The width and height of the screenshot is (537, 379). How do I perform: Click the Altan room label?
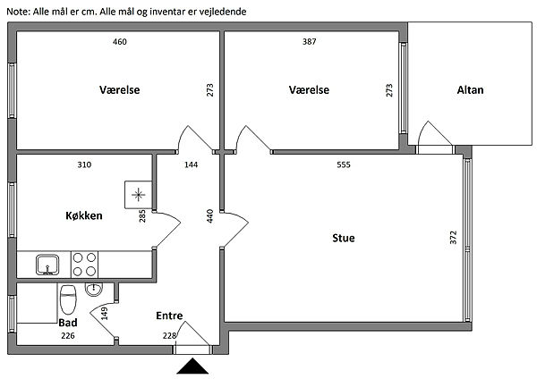click(x=470, y=90)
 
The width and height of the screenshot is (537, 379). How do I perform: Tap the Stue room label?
click(x=344, y=238)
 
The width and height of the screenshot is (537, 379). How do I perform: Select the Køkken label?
click(x=84, y=215)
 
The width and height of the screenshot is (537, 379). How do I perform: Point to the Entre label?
click(x=169, y=316)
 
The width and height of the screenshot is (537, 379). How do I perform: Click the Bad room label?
click(x=67, y=323)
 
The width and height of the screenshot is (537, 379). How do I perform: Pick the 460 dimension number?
click(x=119, y=43)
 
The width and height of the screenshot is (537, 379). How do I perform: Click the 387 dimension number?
click(x=311, y=43)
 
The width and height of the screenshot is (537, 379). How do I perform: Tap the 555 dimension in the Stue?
click(x=344, y=164)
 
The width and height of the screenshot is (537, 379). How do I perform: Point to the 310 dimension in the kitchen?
click(x=84, y=164)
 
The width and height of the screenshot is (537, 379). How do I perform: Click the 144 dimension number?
click(x=191, y=164)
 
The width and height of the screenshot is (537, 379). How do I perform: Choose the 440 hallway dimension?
click(x=209, y=215)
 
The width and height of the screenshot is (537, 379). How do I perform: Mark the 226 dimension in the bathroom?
click(x=67, y=336)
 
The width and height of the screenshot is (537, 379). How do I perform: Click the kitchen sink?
click(x=47, y=264)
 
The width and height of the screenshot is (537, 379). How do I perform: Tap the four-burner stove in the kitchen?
click(x=85, y=264)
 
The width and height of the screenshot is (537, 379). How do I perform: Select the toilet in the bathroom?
click(x=67, y=298)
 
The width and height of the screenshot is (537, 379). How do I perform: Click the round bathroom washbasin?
click(x=94, y=289)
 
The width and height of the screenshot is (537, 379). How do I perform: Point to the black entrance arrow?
click(x=193, y=367)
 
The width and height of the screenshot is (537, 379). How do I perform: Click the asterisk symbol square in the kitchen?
click(x=138, y=194)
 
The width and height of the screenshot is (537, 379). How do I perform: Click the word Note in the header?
click(x=17, y=10)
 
